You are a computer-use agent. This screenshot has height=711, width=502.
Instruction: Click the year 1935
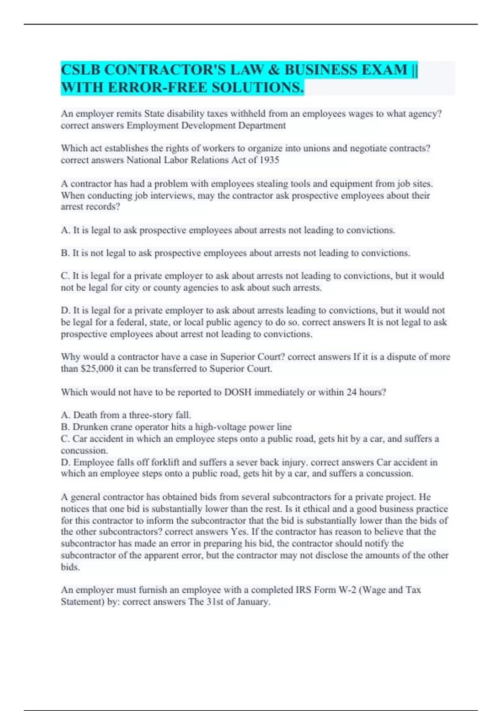pos(269,160)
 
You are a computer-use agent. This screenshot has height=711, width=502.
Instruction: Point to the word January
pos(253,602)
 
